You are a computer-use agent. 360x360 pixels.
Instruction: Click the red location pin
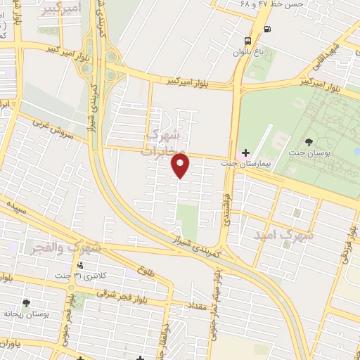pyautogui.click(x=181, y=167)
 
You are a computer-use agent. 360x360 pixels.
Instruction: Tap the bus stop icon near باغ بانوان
pyautogui.click(x=247, y=41)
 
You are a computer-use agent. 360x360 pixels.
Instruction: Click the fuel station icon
pyautogui.click(x=268, y=29)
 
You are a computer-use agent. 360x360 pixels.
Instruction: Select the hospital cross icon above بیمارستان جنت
pyautogui.click(x=245, y=153)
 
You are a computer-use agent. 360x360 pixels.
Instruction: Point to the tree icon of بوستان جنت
pyautogui.click(x=309, y=143)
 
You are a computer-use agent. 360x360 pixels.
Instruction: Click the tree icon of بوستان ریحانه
pyautogui.click(x=26, y=302)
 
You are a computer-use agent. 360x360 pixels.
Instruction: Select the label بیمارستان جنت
pyautogui.click(x=259, y=163)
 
